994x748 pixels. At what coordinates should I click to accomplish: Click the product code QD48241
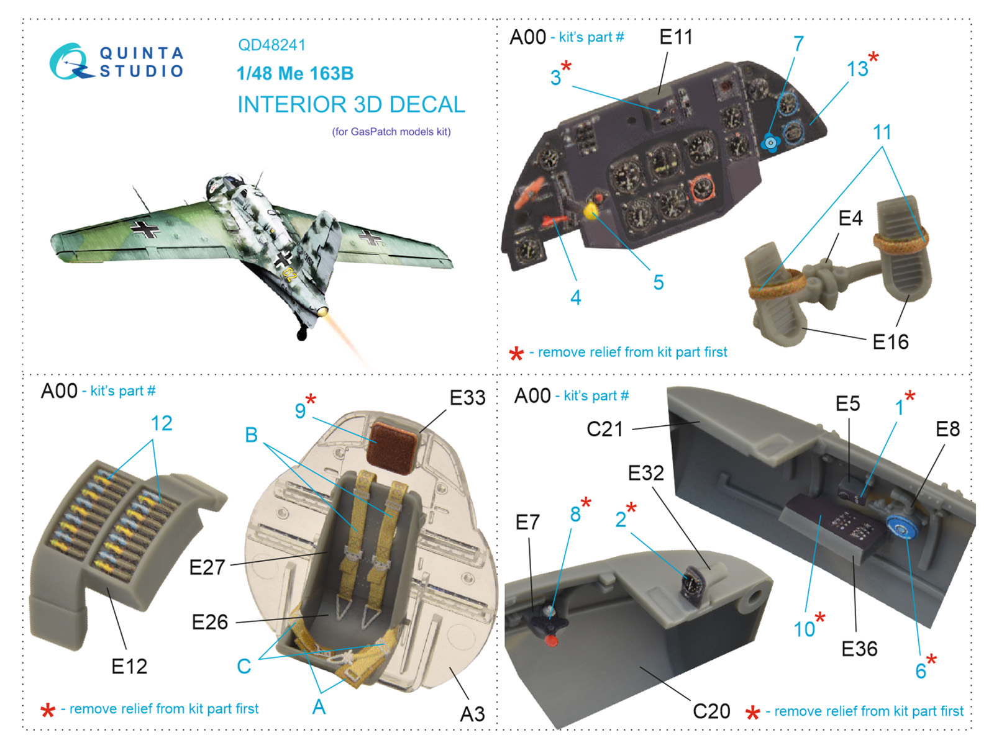(x=271, y=45)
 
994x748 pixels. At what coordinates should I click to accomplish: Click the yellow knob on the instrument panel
(x=590, y=211)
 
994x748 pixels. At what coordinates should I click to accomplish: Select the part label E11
(x=675, y=37)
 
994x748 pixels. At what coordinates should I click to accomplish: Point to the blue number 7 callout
(x=798, y=44)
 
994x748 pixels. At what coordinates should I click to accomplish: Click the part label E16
(x=890, y=341)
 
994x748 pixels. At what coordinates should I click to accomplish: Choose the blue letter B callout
(x=252, y=435)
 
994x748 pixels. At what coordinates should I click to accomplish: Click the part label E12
(x=129, y=666)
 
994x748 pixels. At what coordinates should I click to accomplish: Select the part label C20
(x=711, y=711)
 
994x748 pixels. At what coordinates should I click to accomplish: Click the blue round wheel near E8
(x=901, y=527)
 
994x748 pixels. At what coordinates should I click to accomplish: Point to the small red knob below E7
(x=550, y=641)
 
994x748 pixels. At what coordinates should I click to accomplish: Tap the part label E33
(x=467, y=398)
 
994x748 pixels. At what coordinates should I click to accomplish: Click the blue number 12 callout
(x=161, y=423)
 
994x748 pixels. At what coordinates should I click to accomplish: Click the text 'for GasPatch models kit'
(x=391, y=132)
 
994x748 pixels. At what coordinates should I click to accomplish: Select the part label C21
(x=604, y=429)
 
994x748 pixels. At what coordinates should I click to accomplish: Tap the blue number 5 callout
(x=659, y=282)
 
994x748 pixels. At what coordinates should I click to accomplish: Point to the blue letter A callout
(x=319, y=706)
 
